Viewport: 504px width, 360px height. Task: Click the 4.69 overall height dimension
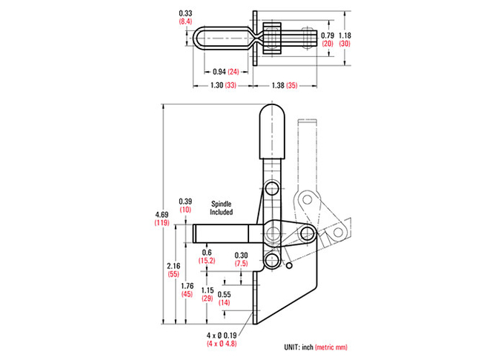162,215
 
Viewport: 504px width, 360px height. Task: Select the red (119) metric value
162,222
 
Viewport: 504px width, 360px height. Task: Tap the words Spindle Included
221,208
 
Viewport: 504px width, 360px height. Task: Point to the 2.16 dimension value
173,266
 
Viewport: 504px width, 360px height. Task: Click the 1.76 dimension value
187,286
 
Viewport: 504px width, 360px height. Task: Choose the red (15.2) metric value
207,261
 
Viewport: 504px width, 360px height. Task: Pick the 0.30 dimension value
241,256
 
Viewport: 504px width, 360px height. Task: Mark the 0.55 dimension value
225,295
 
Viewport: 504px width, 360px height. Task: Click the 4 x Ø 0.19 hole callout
222,336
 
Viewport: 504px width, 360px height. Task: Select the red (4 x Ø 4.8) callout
222,343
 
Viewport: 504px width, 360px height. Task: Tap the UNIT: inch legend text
299,347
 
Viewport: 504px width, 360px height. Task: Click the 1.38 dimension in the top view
278,85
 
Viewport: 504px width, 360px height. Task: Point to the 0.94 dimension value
219,72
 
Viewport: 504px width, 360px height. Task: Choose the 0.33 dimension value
185,13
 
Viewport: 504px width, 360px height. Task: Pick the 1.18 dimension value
345,36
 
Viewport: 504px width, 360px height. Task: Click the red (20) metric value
328,44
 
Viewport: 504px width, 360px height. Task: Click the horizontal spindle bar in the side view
221,233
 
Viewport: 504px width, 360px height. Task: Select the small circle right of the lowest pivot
289,266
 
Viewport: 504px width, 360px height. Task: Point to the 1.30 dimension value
217,85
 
